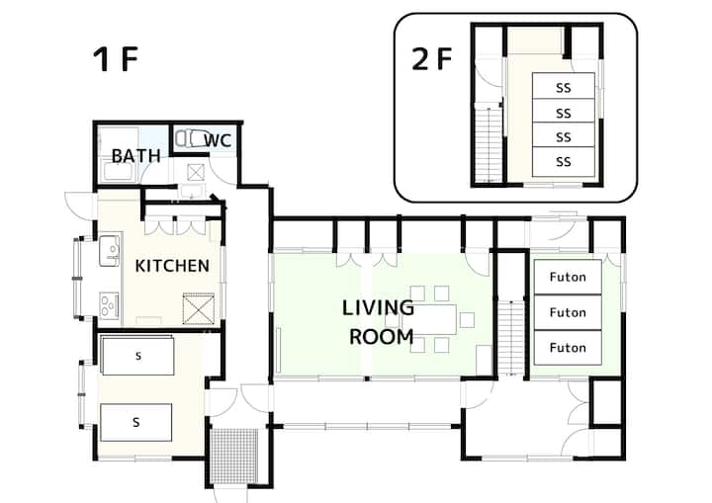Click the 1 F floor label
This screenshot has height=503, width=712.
pos(116,59)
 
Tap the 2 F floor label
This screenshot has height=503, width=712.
pos(432,58)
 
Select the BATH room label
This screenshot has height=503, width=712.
pos(136,156)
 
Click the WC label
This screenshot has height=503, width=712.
pos(218,140)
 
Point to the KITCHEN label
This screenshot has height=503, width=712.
pos(172,266)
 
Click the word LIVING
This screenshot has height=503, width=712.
pos(378,307)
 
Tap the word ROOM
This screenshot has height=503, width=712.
pos(382,337)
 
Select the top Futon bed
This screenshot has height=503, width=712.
pos(568,277)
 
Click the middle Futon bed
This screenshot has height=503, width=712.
pos(568,312)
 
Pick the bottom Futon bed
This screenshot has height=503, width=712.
pos(568,348)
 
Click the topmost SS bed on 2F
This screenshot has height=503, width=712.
pos(564,85)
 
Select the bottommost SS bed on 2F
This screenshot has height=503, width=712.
pos(564,162)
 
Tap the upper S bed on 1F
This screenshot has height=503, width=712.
pos(138,356)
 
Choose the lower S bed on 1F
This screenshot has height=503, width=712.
pos(135,422)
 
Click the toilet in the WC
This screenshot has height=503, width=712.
pos(193,138)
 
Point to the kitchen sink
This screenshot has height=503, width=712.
pos(110,251)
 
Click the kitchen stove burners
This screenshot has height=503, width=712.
pos(109,304)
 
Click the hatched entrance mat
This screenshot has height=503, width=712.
pos(235,456)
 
